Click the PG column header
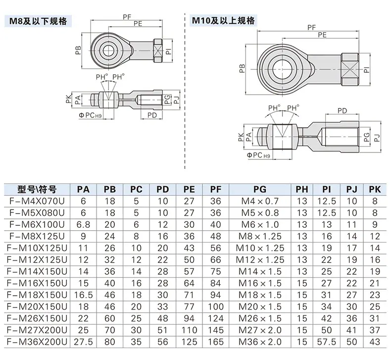pos(259,189)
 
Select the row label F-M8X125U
pos(37,236)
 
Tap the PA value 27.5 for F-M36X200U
pos(83,342)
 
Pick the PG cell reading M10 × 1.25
pos(260,248)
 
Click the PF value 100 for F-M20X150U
pos(215,307)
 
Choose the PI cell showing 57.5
pos(327,342)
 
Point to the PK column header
pos(375,189)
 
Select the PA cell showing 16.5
pos(83,295)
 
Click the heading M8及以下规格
pos(38,21)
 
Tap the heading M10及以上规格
pos(223,20)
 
